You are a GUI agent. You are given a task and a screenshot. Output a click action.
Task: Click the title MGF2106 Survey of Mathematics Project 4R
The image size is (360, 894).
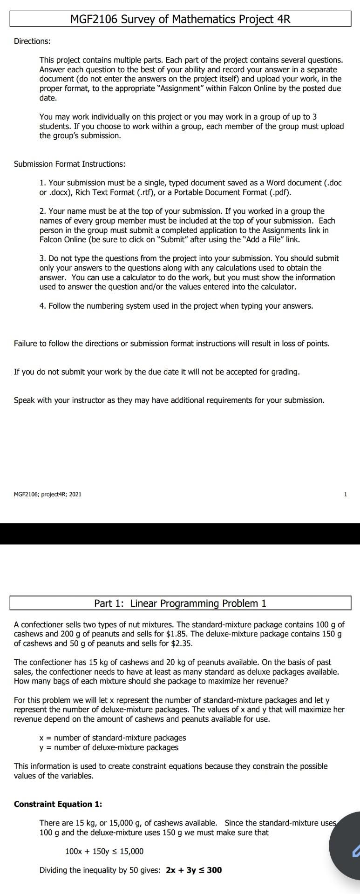click(x=180, y=19)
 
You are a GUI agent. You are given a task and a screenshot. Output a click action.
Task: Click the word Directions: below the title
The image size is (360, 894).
click(x=32, y=41)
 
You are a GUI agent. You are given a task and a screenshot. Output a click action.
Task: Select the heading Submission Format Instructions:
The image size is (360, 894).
click(x=69, y=164)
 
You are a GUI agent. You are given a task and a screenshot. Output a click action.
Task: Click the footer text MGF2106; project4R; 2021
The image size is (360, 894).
click(x=48, y=494)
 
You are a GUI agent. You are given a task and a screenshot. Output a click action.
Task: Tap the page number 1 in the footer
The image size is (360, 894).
click(x=345, y=494)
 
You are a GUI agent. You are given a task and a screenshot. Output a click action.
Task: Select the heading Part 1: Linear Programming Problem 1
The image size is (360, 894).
click(x=180, y=603)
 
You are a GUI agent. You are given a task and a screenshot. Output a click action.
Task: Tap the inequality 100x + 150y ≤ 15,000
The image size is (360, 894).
click(x=104, y=851)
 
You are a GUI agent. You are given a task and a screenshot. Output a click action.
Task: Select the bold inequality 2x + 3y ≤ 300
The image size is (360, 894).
click(x=194, y=870)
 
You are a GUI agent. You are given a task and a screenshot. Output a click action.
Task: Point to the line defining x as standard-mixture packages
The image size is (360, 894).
click(x=113, y=738)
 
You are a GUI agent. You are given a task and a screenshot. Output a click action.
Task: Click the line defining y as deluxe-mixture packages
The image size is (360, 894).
click(x=109, y=747)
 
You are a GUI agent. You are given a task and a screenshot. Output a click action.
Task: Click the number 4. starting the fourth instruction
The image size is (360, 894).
click(x=42, y=306)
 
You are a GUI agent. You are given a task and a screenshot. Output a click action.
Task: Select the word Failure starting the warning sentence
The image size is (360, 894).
click(x=27, y=344)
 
